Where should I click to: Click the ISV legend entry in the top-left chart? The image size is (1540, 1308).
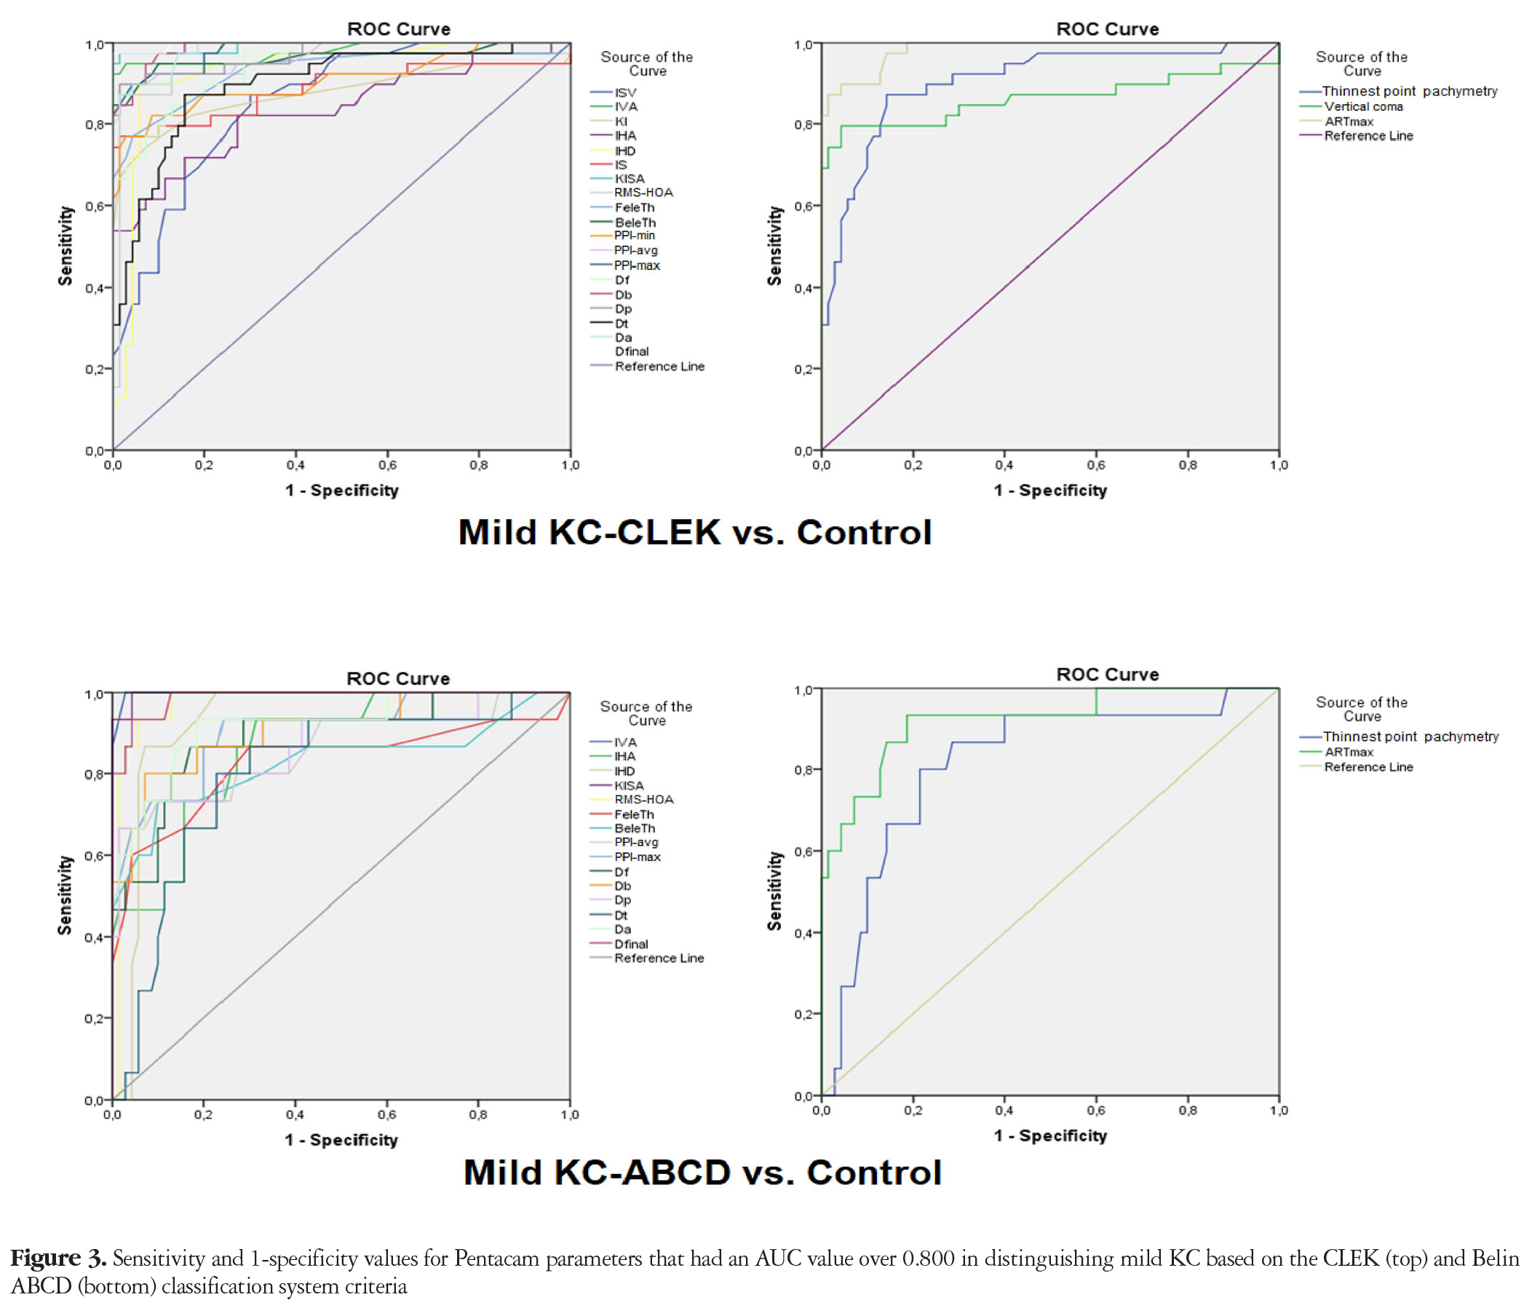tap(614, 92)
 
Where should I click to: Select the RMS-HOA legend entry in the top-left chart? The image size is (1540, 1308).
tap(632, 193)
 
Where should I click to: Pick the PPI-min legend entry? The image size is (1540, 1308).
tap(623, 236)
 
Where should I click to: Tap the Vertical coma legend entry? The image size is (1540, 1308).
tap(1352, 107)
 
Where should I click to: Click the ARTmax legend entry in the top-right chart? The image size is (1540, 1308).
tap(1337, 122)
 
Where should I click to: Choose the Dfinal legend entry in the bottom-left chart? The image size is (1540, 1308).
tap(619, 944)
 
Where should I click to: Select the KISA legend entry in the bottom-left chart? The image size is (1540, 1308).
tap(617, 785)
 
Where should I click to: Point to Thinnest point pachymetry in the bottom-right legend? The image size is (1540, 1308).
tap(1399, 737)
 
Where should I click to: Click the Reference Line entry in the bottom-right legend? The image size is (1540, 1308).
tap(1357, 766)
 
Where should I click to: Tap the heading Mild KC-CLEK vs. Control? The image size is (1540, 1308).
tap(695, 532)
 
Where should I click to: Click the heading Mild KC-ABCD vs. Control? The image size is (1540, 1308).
tap(702, 1173)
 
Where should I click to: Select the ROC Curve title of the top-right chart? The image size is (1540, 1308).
tap(1107, 29)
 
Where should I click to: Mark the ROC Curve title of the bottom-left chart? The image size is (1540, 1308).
tap(398, 678)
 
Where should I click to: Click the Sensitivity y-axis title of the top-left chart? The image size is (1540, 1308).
tap(66, 245)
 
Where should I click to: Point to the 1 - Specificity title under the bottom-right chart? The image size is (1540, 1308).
tap(1050, 1136)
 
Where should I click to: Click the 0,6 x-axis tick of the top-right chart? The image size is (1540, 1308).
tap(1096, 465)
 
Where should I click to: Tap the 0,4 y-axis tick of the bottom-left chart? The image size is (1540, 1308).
tap(93, 938)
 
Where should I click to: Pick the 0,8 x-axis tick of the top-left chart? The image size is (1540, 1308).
tap(478, 465)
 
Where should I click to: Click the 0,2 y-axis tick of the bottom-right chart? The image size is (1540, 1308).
tap(803, 1015)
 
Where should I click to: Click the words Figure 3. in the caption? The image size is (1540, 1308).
tap(58, 1259)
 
